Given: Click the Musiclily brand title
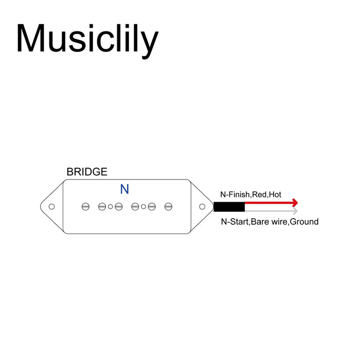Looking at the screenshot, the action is click(x=87, y=41).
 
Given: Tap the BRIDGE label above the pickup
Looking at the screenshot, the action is click(x=87, y=172).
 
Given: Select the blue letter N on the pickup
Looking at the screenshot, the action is click(x=124, y=189).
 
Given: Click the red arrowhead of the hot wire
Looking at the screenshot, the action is click(x=295, y=203).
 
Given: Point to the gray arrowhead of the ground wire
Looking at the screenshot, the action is click(x=295, y=211).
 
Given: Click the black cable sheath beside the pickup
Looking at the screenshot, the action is click(x=229, y=207).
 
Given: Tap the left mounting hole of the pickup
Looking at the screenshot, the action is click(x=51, y=207).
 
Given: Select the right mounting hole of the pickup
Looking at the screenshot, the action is click(x=202, y=207).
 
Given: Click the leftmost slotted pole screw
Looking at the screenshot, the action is click(x=85, y=207).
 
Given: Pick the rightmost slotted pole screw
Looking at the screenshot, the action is click(x=168, y=207).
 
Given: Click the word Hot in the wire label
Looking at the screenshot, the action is click(x=275, y=195).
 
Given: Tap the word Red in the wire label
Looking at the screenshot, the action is click(x=259, y=195).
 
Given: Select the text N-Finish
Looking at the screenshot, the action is click(x=236, y=195).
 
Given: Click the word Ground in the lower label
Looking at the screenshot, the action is click(x=304, y=222).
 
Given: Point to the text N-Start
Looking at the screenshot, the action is click(x=235, y=222).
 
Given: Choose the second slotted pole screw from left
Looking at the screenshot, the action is click(x=102, y=207).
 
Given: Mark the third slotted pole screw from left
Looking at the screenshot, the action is click(x=118, y=207).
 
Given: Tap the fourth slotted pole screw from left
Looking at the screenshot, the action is click(x=135, y=207).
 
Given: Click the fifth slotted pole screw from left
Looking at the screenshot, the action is click(x=152, y=207).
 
